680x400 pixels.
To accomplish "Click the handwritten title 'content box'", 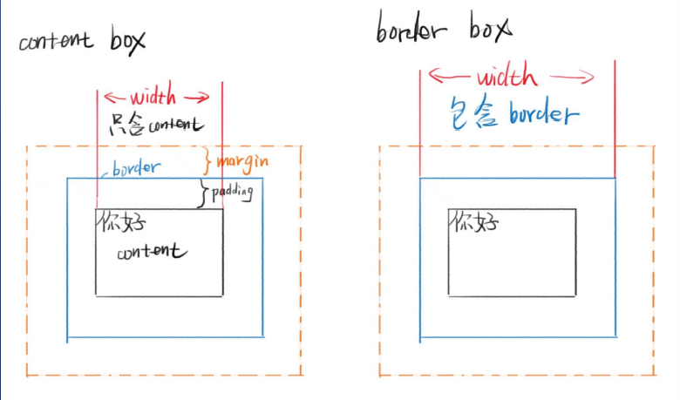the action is (82, 41).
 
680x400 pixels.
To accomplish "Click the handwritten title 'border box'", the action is (444, 28).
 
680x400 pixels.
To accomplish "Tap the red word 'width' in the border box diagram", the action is (507, 75).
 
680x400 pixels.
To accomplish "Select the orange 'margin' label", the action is (242, 162).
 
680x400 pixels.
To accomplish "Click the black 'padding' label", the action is (232, 193).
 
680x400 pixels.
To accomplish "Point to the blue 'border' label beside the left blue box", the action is (136, 168).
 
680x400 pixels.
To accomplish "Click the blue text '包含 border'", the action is (513, 112).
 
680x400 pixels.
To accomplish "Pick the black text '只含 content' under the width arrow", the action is (156, 125).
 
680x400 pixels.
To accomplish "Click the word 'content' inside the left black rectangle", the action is (152, 251).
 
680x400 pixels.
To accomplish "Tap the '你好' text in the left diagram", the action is (121, 222).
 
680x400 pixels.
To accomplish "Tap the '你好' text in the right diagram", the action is (474, 222).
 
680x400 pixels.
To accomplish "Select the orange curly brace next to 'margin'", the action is (207, 160).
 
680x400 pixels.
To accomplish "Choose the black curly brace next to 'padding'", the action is (202, 193).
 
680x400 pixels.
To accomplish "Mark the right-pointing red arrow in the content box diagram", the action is (197, 98).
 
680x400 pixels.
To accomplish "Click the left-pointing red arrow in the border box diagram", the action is (449, 76).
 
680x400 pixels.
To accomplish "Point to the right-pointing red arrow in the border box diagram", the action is (572, 78).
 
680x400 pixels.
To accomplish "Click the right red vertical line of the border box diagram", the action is (615, 119).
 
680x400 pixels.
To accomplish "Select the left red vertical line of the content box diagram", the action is (97, 149).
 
